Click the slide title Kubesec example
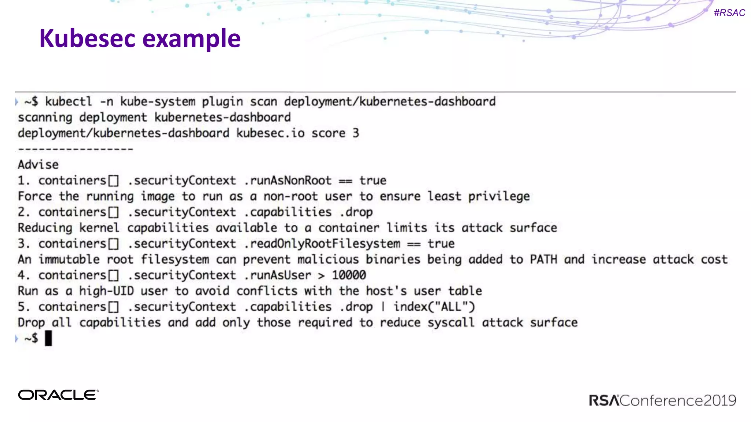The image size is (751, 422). (x=140, y=38)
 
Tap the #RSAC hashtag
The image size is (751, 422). (x=729, y=13)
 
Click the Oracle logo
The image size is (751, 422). (x=58, y=395)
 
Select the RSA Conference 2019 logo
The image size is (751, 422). (x=662, y=400)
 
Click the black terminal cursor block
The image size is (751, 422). (x=48, y=338)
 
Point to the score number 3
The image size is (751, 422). (x=356, y=133)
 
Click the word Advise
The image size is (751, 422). (x=38, y=165)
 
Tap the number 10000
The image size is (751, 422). (x=349, y=275)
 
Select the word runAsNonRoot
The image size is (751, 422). (x=290, y=181)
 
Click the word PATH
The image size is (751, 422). (x=543, y=259)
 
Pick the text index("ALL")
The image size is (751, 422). (x=434, y=307)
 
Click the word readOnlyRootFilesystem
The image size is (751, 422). (x=325, y=244)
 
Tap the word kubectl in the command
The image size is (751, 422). (x=68, y=101)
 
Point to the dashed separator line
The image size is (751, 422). (x=76, y=149)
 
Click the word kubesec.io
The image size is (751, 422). (x=270, y=133)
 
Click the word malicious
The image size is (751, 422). (x=328, y=259)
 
